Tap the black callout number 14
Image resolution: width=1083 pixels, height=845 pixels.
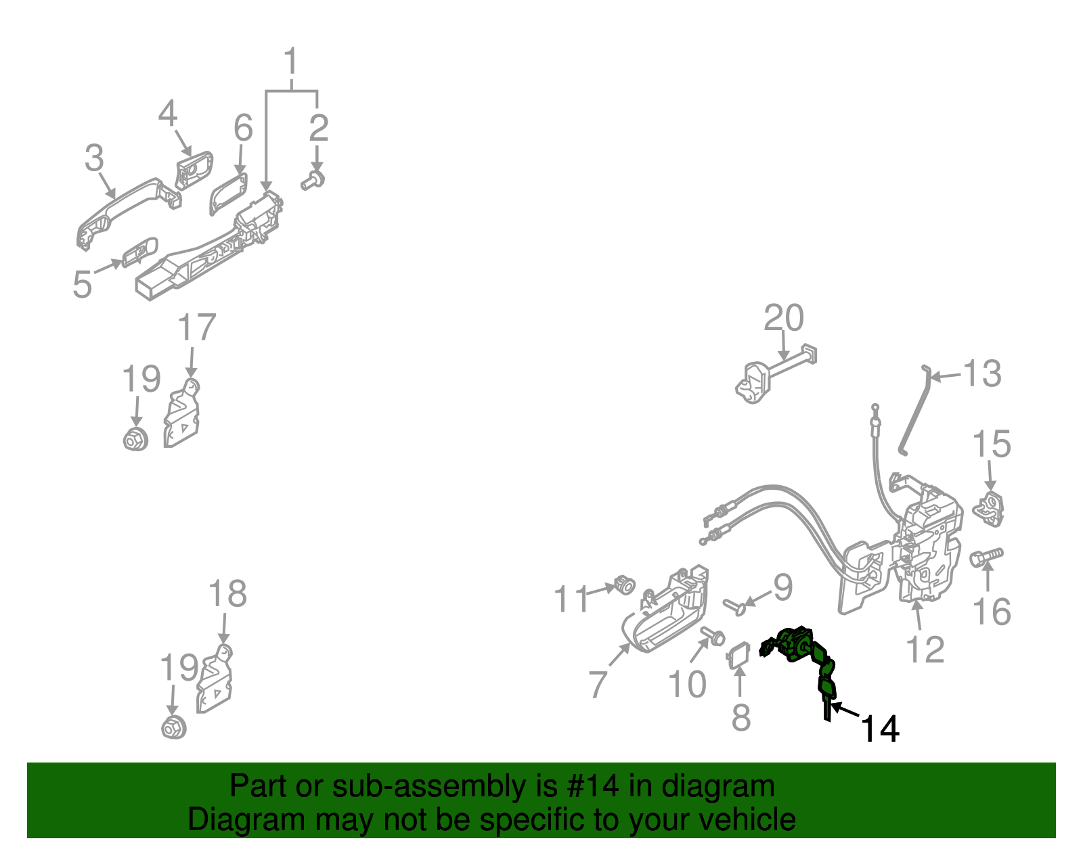[879, 729]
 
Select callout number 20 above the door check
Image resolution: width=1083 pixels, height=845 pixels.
[784, 319]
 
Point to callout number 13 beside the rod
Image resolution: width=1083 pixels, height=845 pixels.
[981, 374]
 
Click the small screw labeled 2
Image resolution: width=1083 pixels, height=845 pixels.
[313, 181]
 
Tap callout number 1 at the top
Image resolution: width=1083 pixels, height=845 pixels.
[291, 62]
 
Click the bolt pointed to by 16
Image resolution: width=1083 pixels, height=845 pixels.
[986, 557]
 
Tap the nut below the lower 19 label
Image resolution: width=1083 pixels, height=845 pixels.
[174, 728]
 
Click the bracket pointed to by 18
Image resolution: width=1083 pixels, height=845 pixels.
[215, 683]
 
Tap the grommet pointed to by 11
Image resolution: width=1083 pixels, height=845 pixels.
[625, 585]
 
